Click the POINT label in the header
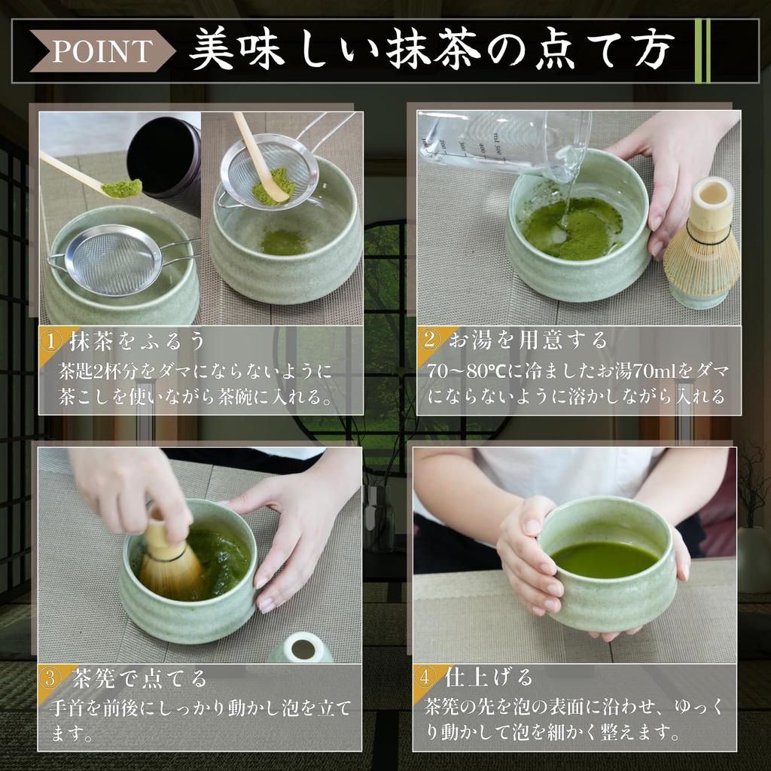click(102, 51)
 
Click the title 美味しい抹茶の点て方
click(430, 51)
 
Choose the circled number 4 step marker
click(427, 677)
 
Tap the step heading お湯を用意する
click(528, 340)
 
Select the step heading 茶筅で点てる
click(139, 678)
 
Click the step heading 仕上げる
click(489, 677)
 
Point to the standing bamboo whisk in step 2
click(701, 245)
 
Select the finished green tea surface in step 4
click(604, 559)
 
